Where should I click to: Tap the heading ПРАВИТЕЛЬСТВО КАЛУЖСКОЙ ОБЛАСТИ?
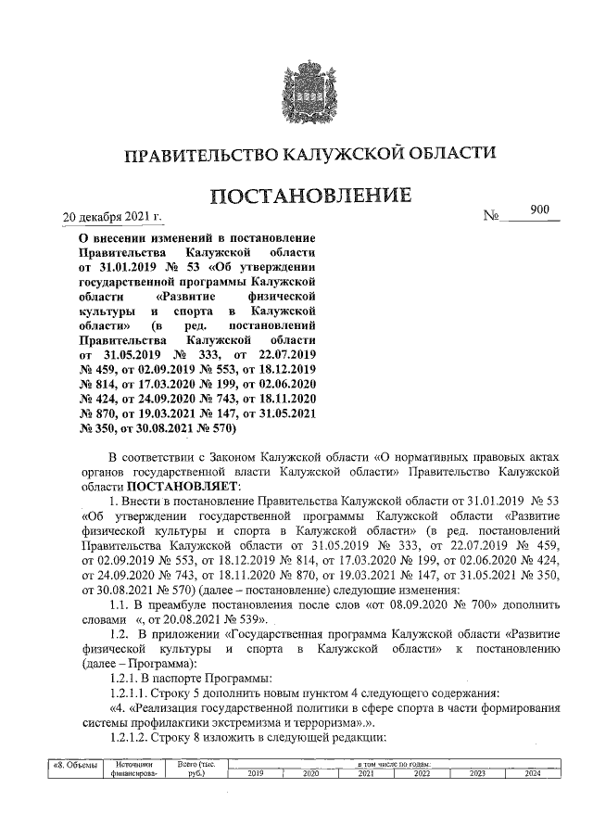tap(310, 153)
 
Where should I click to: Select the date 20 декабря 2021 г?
tap(111, 219)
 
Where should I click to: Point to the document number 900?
tap(540, 210)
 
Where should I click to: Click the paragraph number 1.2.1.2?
tap(132, 738)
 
